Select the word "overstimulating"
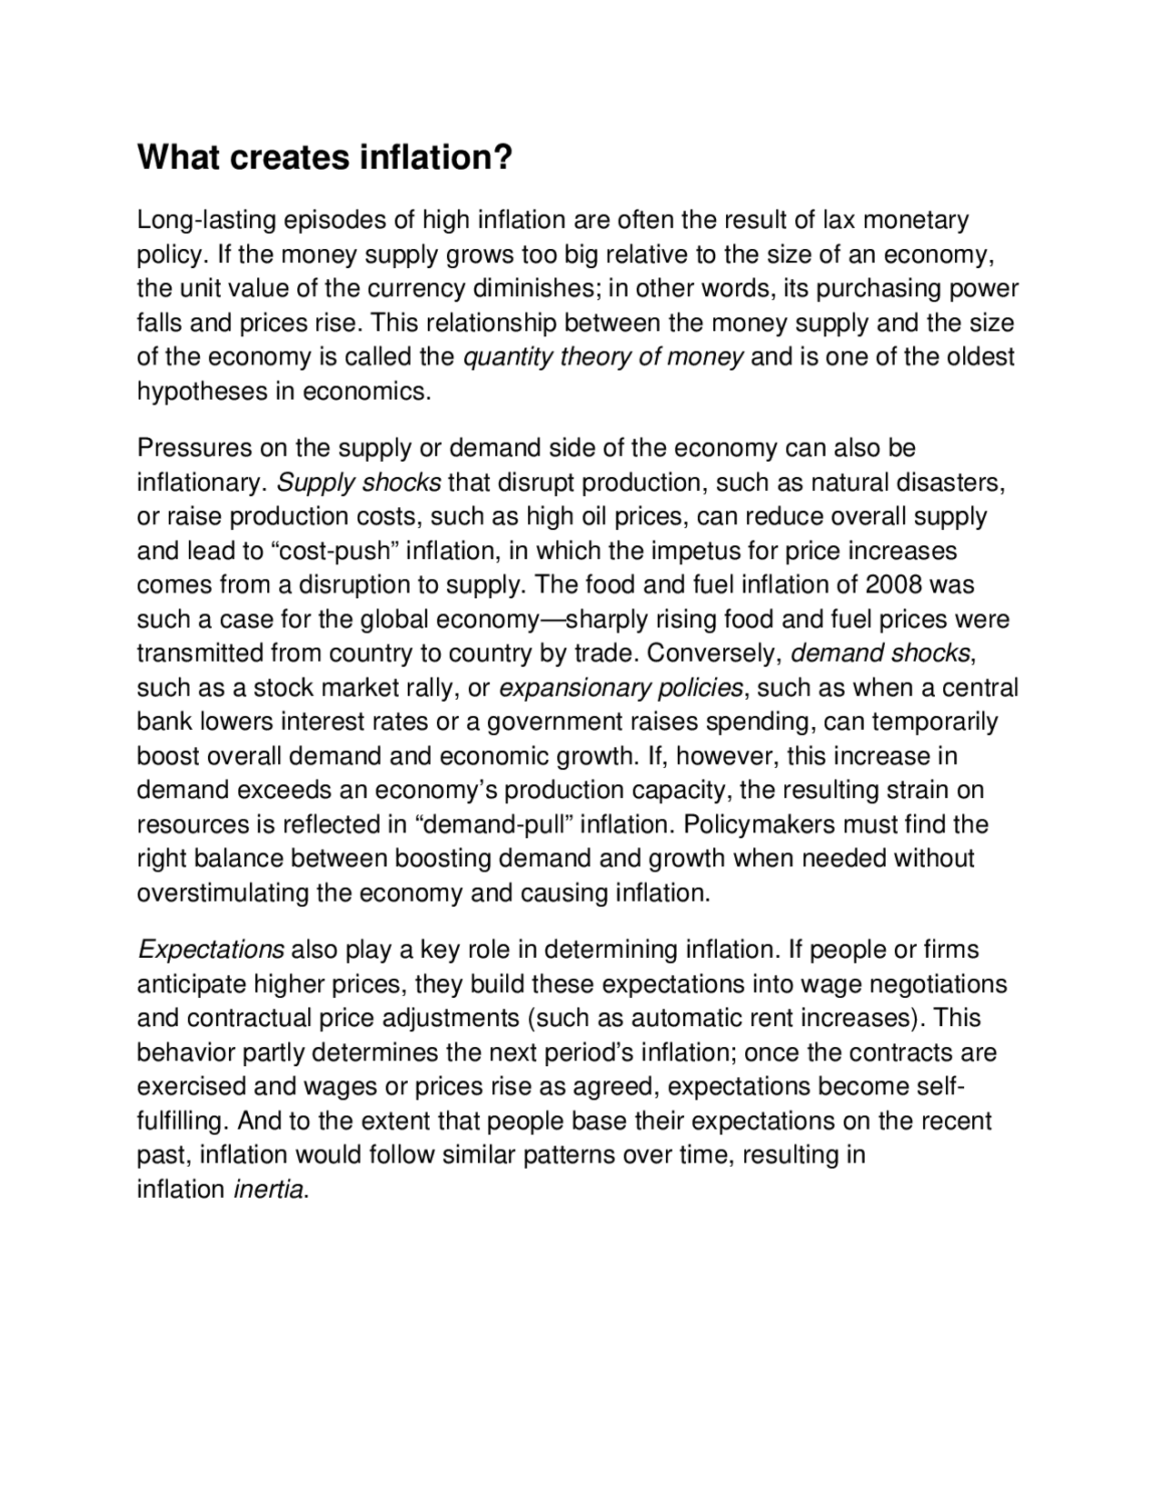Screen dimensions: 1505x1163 coord(223,893)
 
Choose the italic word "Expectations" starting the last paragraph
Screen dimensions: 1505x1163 coord(212,951)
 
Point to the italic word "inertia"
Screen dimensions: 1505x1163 coord(268,1190)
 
